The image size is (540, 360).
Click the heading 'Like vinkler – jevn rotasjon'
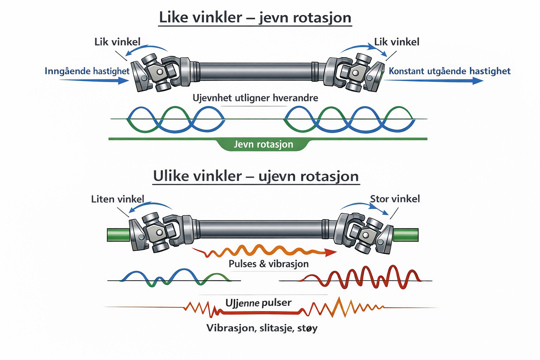[x=255, y=18]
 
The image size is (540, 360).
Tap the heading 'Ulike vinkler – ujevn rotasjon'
[x=256, y=176]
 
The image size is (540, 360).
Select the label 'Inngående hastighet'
[x=87, y=71]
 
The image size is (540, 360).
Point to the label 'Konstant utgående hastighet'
[x=449, y=71]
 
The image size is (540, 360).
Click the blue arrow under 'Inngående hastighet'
[x=94, y=81]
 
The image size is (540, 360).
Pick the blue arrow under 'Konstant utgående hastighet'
[x=433, y=81]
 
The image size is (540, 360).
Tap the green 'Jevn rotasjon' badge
[x=263, y=144]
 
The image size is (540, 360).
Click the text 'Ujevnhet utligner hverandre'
[x=255, y=98]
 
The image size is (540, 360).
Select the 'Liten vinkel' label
[x=117, y=199]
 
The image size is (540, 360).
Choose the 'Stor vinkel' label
[x=395, y=199]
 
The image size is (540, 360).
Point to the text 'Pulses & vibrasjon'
[x=269, y=264]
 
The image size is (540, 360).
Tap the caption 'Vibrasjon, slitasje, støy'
[x=262, y=328]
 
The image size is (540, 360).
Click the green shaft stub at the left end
[x=118, y=235]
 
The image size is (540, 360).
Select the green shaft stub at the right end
[x=406, y=235]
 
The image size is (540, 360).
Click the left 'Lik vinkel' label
[x=117, y=42]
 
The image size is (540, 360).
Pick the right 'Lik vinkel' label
[x=397, y=42]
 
